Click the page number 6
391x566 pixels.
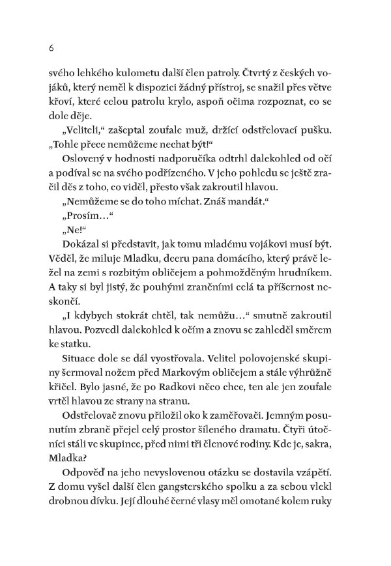(42, 48)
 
